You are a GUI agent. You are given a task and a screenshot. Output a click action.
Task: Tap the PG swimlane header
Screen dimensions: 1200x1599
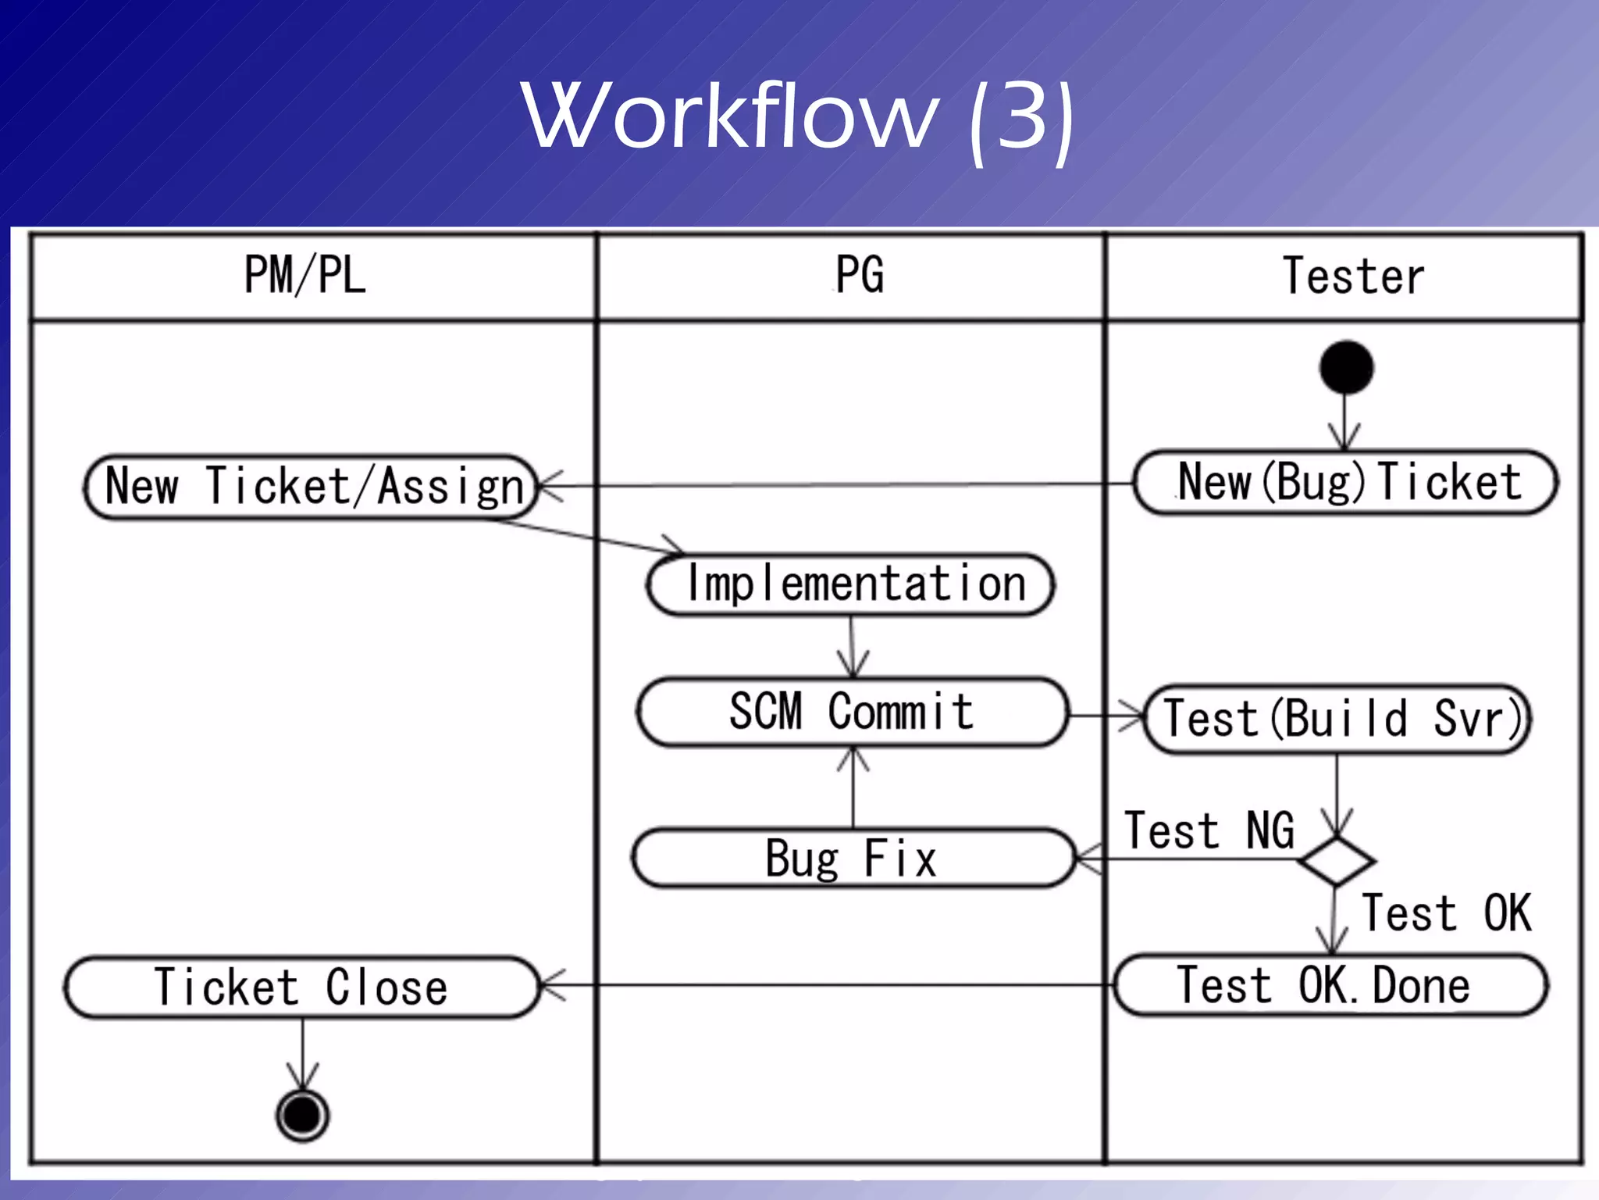pyautogui.click(x=859, y=275)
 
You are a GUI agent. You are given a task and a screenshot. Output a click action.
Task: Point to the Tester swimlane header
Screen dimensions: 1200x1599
pyautogui.click(x=1353, y=276)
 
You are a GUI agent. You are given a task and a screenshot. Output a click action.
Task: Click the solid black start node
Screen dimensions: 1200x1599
pyautogui.click(x=1346, y=367)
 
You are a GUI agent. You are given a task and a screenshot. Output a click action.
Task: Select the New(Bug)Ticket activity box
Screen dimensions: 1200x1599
pyautogui.click(x=1346, y=482)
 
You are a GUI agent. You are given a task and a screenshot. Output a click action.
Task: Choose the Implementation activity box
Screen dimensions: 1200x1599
pyautogui.click(x=851, y=584)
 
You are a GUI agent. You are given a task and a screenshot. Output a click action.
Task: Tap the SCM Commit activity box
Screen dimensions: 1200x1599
pyautogui.click(x=851, y=712)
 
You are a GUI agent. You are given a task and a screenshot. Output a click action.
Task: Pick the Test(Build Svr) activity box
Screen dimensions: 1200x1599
pyautogui.click(x=1337, y=719)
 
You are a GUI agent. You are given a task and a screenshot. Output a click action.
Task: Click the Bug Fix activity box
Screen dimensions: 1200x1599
pyautogui.click(x=853, y=858)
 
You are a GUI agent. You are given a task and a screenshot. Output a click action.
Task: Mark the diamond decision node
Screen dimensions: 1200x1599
pyautogui.click(x=1336, y=861)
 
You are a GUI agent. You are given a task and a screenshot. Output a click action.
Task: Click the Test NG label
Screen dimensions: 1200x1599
pyautogui.click(x=1209, y=830)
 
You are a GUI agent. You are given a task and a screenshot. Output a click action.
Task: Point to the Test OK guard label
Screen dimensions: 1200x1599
pyautogui.click(x=1446, y=912)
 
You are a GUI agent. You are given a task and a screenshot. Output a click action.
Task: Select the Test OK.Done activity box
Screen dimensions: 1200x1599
pyautogui.click(x=1330, y=985)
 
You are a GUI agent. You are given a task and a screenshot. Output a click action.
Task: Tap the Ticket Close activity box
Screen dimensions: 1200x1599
pyautogui.click(x=302, y=987)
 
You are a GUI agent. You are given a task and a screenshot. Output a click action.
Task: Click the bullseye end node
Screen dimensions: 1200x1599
pyautogui.click(x=302, y=1115)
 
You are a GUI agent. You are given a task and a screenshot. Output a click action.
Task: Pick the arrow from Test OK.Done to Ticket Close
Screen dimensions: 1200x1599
pyautogui.click(x=828, y=985)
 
